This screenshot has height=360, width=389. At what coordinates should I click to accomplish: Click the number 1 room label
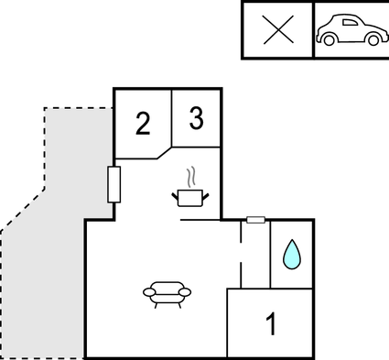[270, 323]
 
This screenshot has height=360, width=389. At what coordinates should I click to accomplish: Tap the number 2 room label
[142, 124]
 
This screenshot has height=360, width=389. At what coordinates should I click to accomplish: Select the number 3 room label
[196, 118]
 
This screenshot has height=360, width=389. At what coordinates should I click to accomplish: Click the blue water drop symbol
[291, 254]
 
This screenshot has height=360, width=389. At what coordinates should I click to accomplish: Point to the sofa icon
[167, 291]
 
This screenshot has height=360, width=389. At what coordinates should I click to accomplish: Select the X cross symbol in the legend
[277, 30]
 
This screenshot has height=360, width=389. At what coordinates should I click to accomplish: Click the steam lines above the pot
[190, 175]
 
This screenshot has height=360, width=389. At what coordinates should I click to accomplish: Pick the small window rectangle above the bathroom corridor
[256, 220]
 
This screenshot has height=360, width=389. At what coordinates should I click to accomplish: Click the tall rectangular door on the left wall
[114, 184]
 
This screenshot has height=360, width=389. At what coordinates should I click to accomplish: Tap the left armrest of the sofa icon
[149, 291]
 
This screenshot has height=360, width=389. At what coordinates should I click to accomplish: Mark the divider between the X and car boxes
[313, 30]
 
